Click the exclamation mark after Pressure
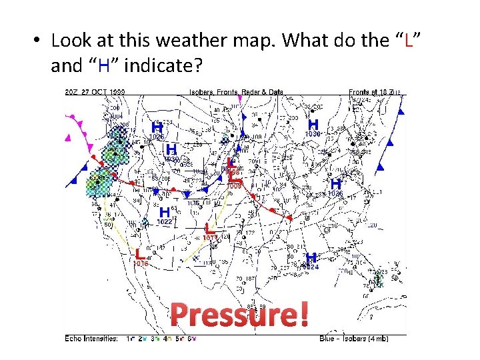tap(304, 315)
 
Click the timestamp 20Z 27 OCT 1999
tap(96, 91)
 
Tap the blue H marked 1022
tap(164, 212)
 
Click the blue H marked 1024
tap(311, 257)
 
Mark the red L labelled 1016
tap(140, 253)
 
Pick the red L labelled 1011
tap(209, 229)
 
